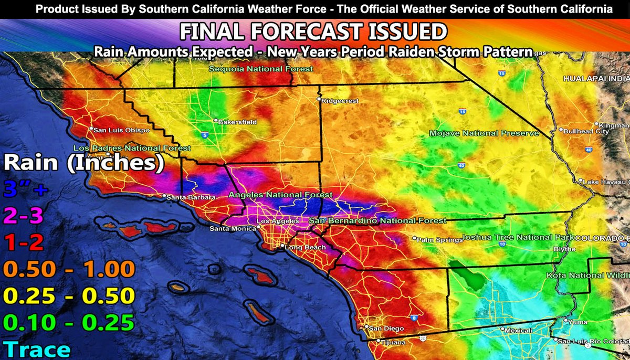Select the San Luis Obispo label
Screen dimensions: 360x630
pos(122,130)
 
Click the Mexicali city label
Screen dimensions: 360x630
pos(519,331)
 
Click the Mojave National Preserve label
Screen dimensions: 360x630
pos(484,134)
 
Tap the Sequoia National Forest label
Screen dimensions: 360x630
pos(261,69)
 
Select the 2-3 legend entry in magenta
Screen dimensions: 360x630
pos(24,216)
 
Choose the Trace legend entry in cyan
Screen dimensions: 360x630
pos(36,349)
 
